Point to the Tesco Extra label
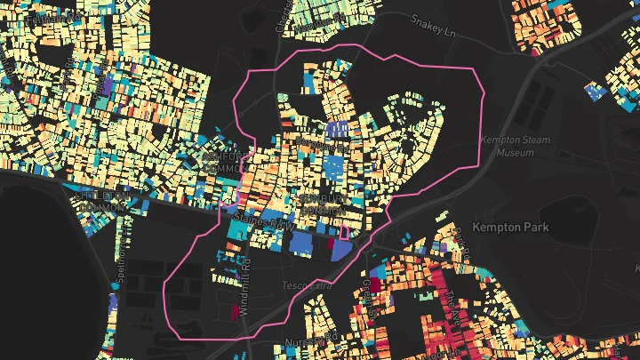point(306,285)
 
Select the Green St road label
point(367,294)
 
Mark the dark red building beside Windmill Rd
point(236,311)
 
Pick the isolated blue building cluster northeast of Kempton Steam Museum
point(595,90)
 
